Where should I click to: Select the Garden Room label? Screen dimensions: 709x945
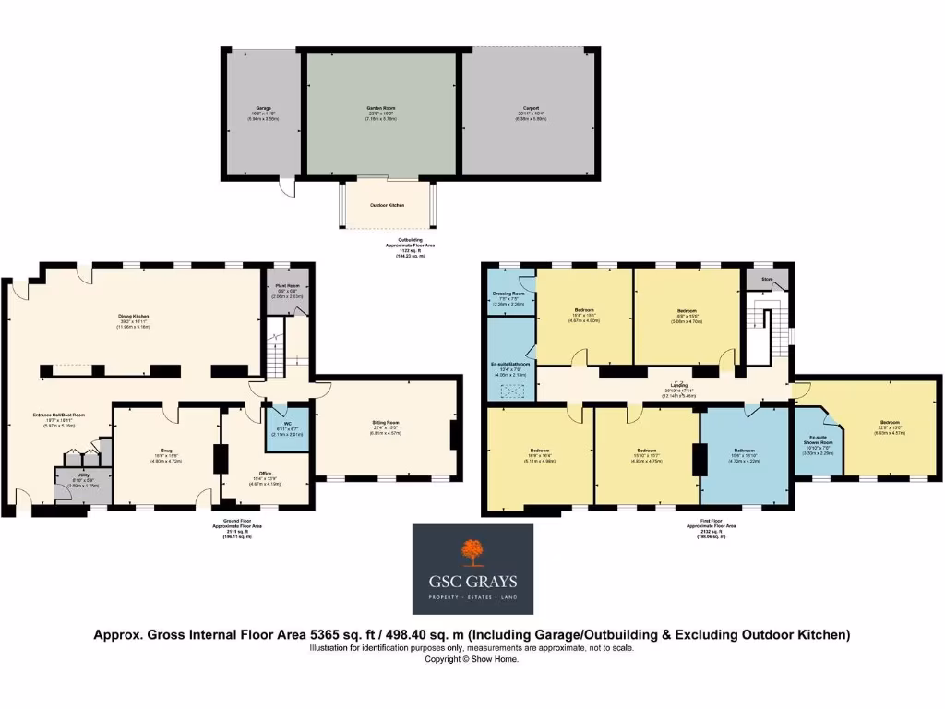tap(380, 108)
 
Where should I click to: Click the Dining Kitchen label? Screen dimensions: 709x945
tap(133, 317)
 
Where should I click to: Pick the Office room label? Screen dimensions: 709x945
tap(265, 474)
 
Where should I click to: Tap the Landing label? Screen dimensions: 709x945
tap(677, 387)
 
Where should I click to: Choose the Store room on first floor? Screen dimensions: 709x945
tap(766, 280)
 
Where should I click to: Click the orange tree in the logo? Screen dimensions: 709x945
tap(472, 552)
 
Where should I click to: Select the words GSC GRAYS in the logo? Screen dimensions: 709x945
tap(472, 582)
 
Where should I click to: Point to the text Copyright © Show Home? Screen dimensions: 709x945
tap(472, 659)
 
